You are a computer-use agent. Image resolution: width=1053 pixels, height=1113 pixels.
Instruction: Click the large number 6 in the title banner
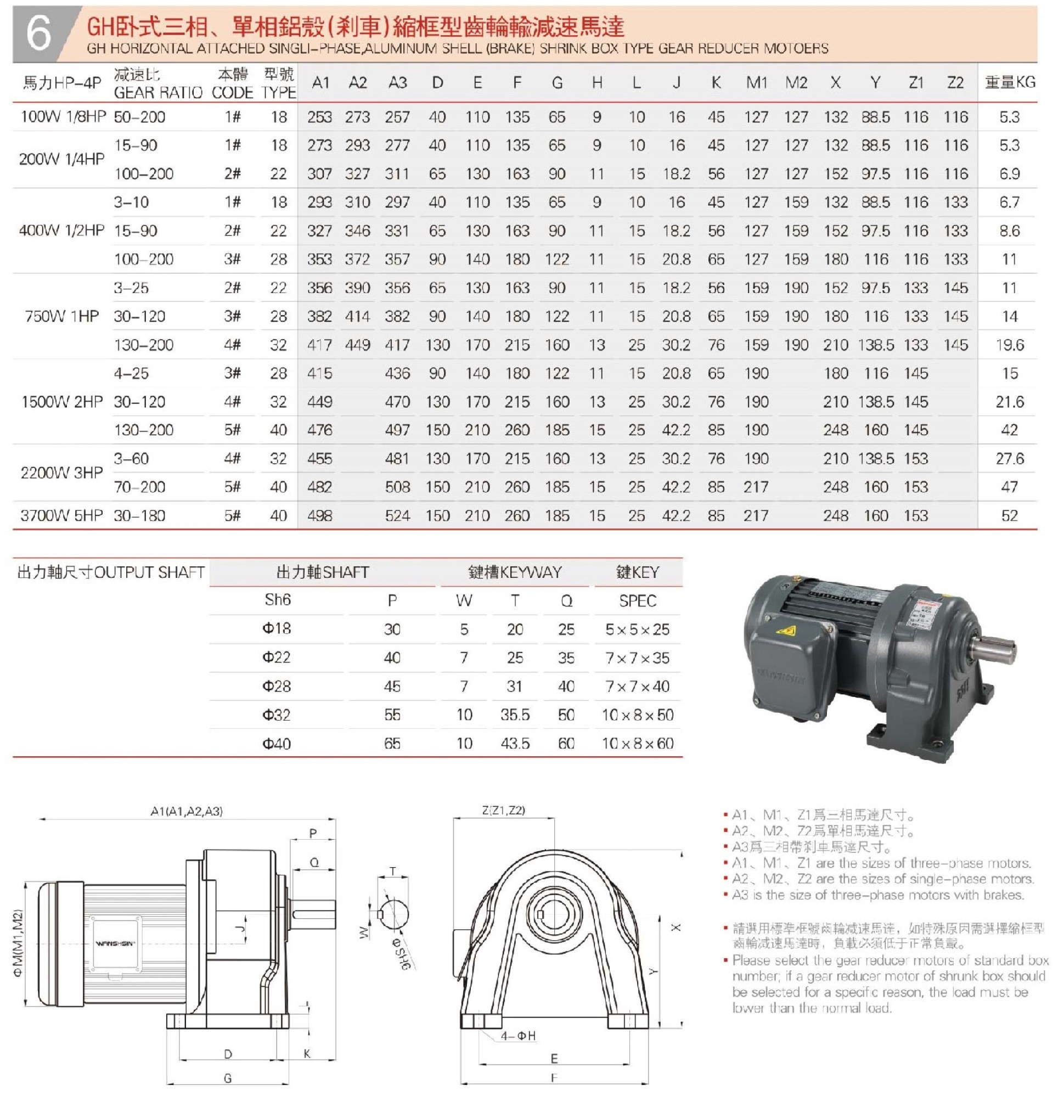click(x=38, y=33)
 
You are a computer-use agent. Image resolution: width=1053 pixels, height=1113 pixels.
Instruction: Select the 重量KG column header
click(x=1009, y=82)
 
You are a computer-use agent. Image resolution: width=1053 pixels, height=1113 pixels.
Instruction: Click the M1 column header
click(x=756, y=83)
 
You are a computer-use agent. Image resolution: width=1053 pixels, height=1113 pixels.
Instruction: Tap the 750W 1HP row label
click(x=62, y=316)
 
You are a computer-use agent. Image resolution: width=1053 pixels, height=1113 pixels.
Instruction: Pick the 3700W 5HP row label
click(x=62, y=515)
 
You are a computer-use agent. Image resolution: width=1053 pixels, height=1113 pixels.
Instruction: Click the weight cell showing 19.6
click(x=1009, y=345)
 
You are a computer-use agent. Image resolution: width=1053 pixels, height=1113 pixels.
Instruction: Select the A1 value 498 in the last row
click(x=319, y=515)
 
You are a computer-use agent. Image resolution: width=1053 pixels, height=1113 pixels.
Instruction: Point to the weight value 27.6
click(x=1009, y=459)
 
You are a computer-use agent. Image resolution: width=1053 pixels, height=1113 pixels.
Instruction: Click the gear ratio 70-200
click(x=139, y=487)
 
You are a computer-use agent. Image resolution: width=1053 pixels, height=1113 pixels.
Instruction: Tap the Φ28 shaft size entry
click(x=276, y=686)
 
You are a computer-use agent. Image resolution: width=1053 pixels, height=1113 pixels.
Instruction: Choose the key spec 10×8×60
click(x=637, y=743)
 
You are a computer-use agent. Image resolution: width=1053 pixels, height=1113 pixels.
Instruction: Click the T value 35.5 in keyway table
click(x=515, y=715)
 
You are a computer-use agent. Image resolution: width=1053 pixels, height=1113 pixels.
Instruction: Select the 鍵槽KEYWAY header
click(x=515, y=572)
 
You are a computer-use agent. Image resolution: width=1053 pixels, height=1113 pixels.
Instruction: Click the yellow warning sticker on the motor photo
click(x=785, y=630)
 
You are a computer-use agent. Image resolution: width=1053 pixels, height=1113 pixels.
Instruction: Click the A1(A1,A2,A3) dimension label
click(x=187, y=811)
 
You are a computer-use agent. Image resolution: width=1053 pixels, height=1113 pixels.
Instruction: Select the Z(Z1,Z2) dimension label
click(x=503, y=810)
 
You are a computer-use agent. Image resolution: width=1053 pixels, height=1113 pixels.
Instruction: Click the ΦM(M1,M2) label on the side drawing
click(x=18, y=943)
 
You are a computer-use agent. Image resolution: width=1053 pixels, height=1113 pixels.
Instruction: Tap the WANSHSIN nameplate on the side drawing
click(x=115, y=943)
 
